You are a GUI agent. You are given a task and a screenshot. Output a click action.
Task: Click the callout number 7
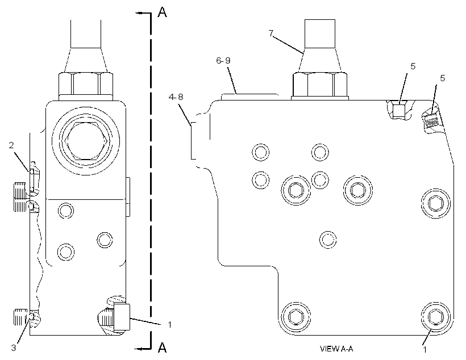271,34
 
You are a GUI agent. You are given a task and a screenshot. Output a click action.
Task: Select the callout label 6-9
223,61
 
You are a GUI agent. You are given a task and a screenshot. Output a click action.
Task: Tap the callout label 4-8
176,97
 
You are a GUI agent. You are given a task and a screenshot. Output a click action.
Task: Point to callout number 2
11,145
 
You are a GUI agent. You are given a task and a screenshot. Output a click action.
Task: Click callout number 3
14,348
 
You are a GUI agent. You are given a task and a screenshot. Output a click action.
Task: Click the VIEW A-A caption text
336,349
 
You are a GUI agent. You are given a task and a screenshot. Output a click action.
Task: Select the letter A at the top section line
163,12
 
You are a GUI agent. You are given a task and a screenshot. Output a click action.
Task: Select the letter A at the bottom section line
163,348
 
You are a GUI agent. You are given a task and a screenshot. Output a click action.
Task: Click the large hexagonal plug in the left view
85,141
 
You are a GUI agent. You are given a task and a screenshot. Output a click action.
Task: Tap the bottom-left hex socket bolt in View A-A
296,317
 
